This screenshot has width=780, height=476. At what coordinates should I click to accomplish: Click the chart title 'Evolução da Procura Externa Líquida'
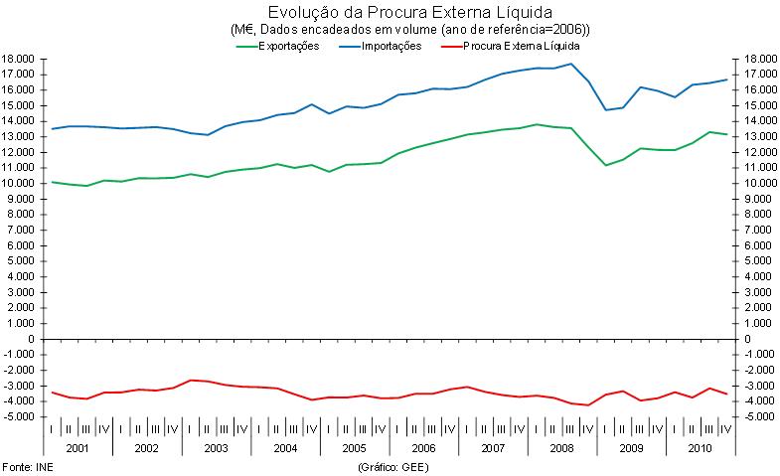tap(395, 13)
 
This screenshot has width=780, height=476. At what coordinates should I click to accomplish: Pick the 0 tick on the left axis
tap(33, 339)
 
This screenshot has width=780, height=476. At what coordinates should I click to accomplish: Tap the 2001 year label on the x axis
tap(78, 448)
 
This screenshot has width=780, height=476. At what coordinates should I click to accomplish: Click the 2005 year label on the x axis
tap(354, 448)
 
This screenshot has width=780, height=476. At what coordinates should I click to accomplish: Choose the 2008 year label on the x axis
tap(561, 448)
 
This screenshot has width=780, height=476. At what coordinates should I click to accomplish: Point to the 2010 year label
tap(700, 448)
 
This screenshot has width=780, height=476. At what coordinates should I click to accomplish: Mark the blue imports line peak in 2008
tap(571, 64)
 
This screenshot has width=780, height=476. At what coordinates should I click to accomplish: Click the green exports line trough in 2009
tap(606, 165)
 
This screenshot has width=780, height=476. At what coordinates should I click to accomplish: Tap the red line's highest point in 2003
tap(191, 380)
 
